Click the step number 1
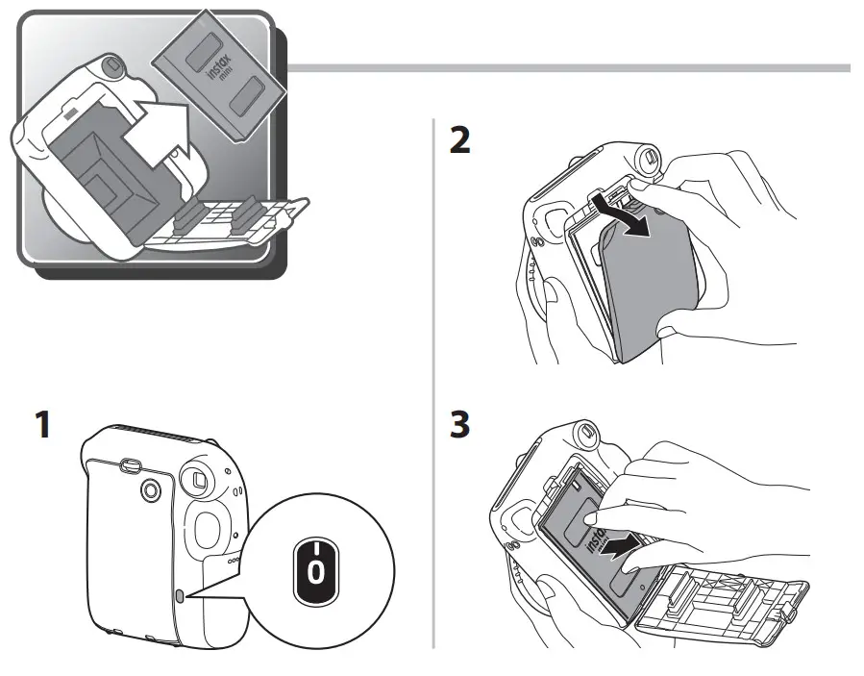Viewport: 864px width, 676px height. coord(40,425)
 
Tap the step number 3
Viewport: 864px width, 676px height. coord(460,425)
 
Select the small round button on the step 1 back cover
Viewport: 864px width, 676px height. coord(151,490)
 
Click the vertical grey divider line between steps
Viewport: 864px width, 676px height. coord(433,385)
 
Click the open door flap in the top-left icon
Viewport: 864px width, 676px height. coord(231,221)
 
